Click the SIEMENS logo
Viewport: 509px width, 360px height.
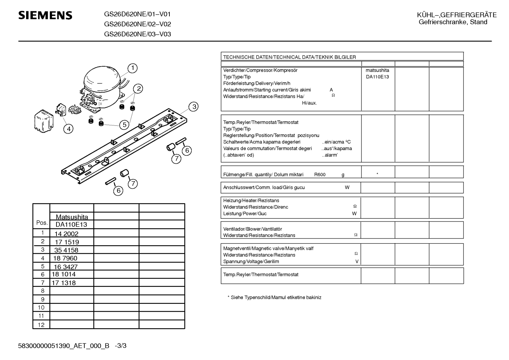(x=45, y=15)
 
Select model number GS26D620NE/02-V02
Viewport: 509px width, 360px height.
(x=137, y=24)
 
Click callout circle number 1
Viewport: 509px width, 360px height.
(x=132, y=68)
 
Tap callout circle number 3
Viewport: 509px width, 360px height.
(x=193, y=106)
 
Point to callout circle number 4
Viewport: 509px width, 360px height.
(x=68, y=129)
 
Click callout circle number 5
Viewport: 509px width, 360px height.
(x=124, y=125)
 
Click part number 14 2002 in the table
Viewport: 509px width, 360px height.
(x=66, y=234)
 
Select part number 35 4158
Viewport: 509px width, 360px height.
(x=66, y=250)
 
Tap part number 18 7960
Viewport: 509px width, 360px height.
(x=65, y=258)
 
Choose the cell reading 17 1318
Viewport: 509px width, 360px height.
(x=64, y=283)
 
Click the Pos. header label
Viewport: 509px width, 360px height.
(x=42, y=223)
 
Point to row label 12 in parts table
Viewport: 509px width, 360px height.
(x=41, y=325)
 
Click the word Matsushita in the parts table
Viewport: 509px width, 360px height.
(x=72, y=217)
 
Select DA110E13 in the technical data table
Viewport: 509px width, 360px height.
(x=377, y=77)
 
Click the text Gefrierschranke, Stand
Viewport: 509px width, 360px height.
(x=453, y=22)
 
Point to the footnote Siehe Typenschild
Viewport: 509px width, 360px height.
(x=274, y=297)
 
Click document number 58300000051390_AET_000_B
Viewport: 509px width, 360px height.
(x=64, y=346)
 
